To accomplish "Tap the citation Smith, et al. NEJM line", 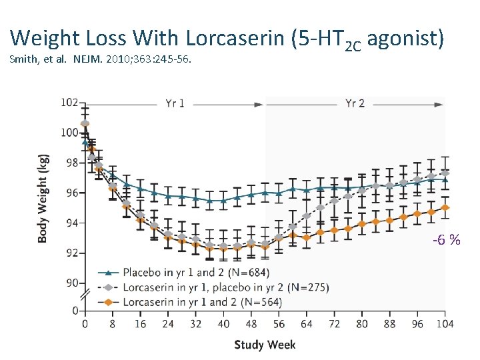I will [101, 60].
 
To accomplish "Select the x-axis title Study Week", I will [265, 345].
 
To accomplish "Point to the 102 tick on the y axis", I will [69, 103].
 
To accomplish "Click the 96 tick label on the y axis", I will [71, 193].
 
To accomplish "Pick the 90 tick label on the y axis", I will [71, 283].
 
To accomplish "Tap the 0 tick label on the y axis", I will [75, 311].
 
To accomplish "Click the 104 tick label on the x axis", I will [445, 324].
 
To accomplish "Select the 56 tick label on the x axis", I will [279, 324].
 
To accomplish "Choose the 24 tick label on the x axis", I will [167, 324].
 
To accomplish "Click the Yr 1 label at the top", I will [176, 103].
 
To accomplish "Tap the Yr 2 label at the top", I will [355, 103].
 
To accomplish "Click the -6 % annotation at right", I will [446, 239].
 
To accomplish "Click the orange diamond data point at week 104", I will [445, 208].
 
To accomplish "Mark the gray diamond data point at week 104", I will [445, 173].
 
